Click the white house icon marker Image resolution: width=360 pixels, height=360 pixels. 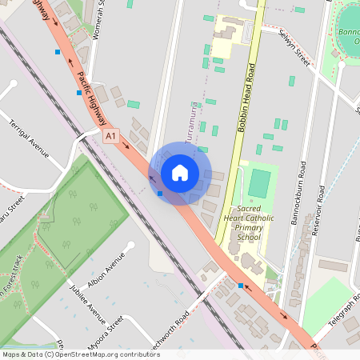pos(179,173)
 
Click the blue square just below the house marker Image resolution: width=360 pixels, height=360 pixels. pos(161,194)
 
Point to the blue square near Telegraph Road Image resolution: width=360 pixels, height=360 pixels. pos(240,286)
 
